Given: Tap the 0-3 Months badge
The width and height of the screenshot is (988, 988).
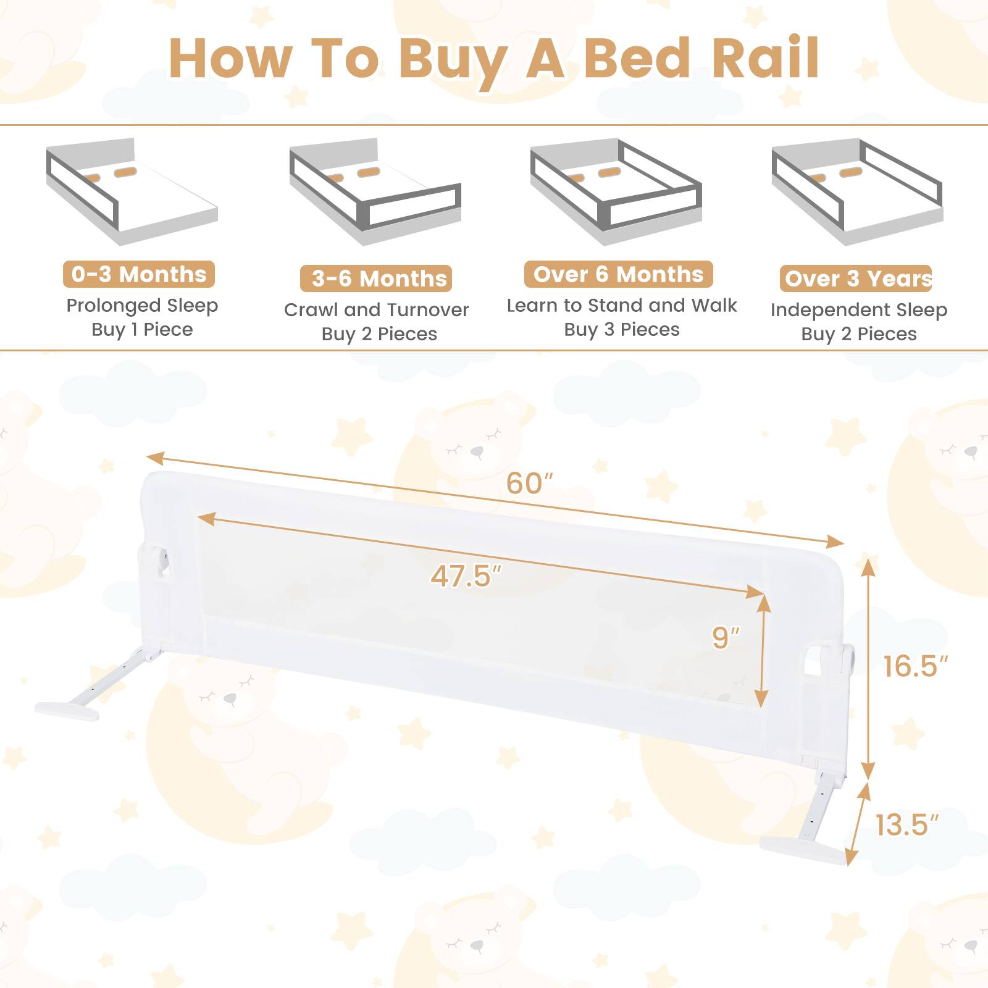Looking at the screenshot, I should [x=139, y=274].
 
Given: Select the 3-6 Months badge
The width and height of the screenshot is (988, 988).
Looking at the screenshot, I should [x=376, y=278].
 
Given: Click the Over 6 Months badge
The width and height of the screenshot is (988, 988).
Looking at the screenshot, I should [x=618, y=274].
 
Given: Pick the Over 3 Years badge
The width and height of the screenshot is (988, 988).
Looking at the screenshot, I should [x=856, y=278].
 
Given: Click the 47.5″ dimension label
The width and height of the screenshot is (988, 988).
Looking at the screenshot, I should [x=466, y=576].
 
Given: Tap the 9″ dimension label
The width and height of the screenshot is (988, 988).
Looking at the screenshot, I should [x=725, y=637].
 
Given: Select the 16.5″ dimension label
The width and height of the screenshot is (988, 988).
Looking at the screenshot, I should [x=915, y=666].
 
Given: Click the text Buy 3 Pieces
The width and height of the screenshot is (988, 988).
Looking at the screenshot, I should [x=621, y=330].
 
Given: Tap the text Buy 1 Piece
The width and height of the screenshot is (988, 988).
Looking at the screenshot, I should [x=142, y=330].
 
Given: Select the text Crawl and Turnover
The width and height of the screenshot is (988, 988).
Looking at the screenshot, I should [x=376, y=309].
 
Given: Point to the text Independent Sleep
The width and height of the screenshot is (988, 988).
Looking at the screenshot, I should [x=858, y=309].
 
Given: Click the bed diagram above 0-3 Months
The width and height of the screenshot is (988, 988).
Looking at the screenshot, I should [x=132, y=191].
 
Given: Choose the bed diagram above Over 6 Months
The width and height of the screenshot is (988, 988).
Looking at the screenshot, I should [x=616, y=191].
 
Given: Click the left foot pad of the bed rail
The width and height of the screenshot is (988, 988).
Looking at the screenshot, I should [x=67, y=711].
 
